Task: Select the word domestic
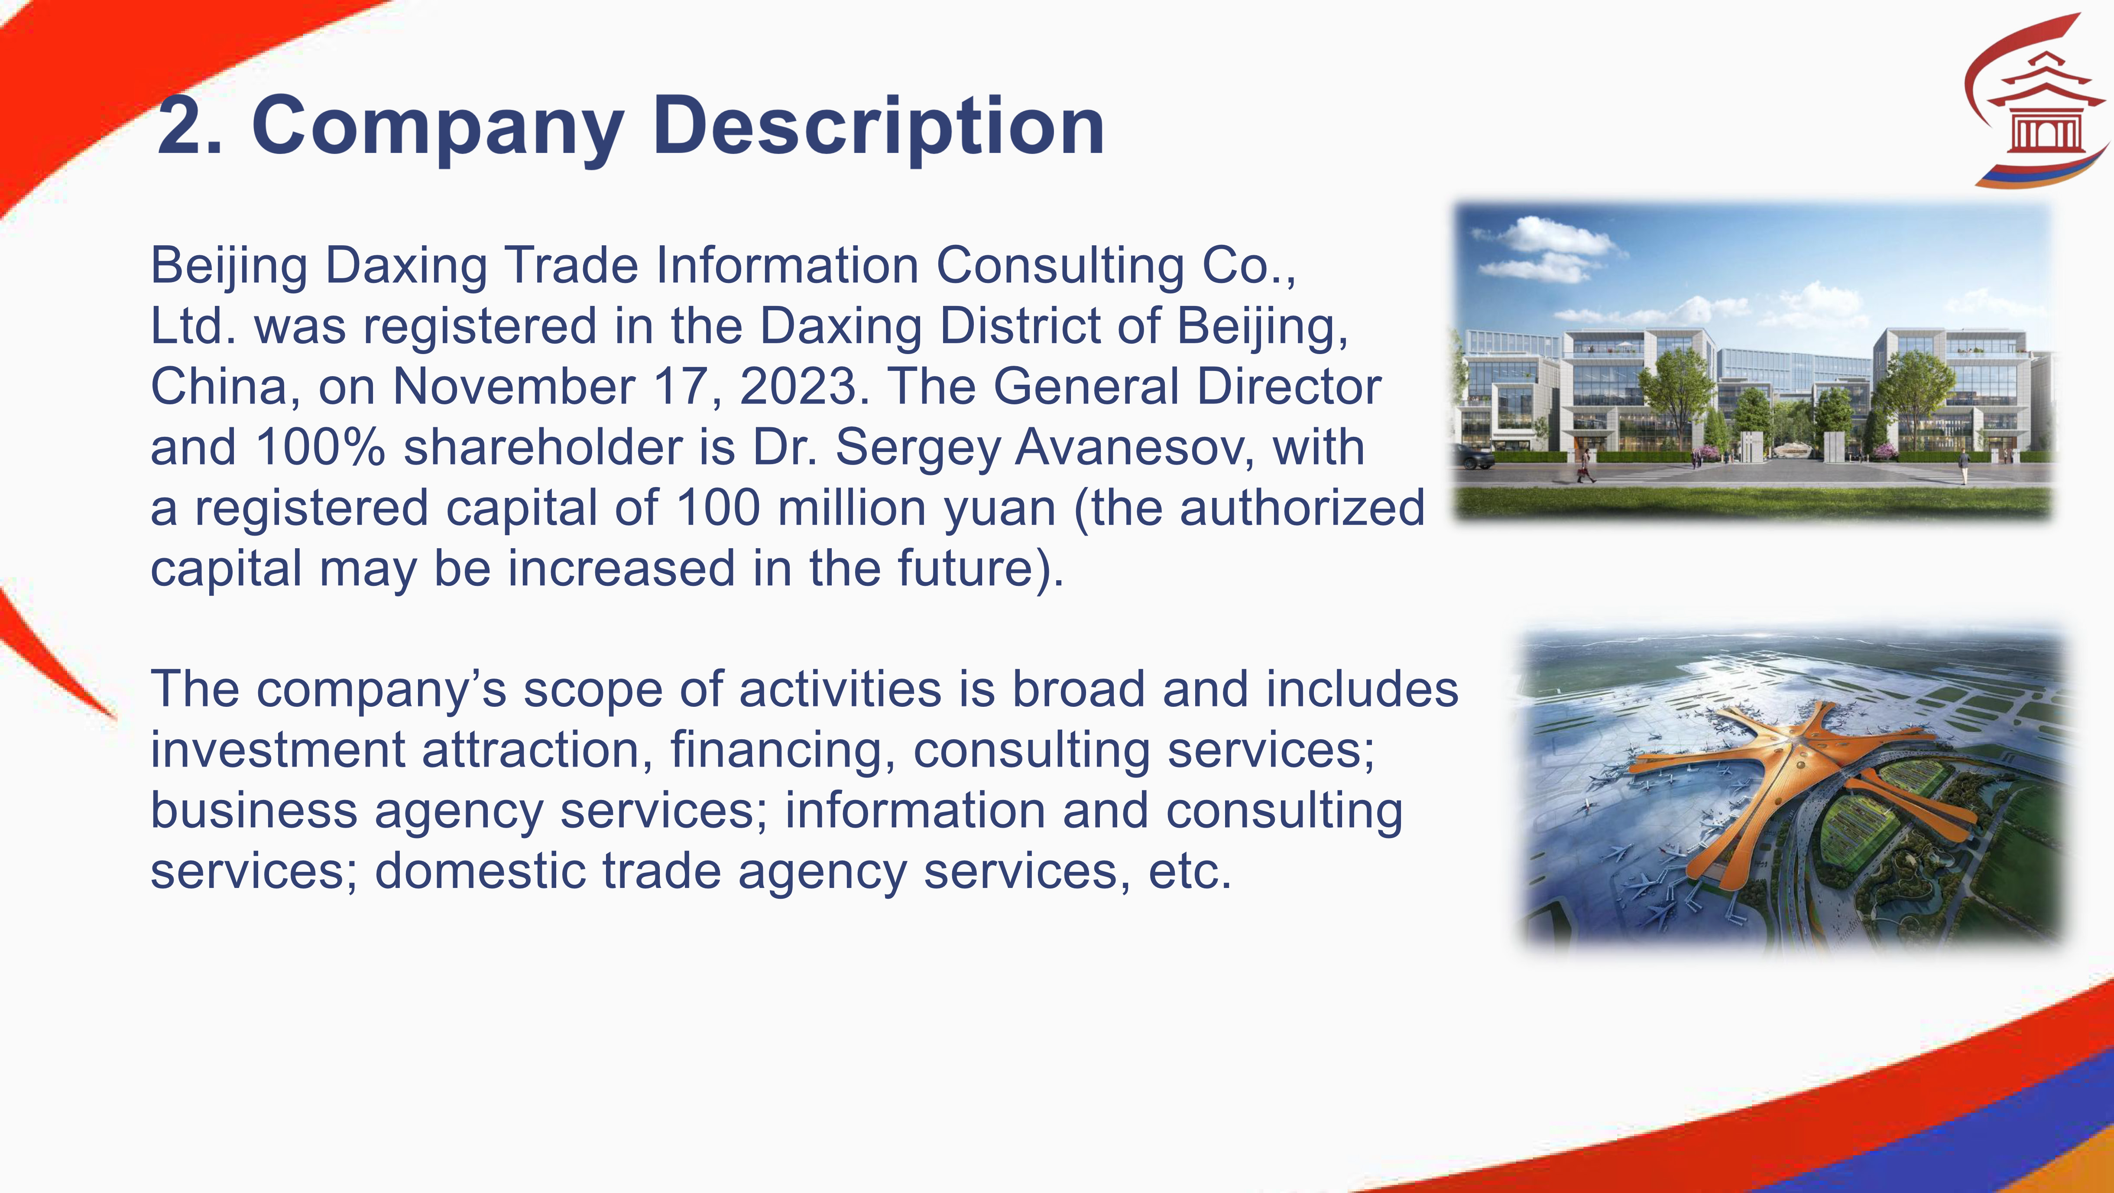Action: point(480,871)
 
